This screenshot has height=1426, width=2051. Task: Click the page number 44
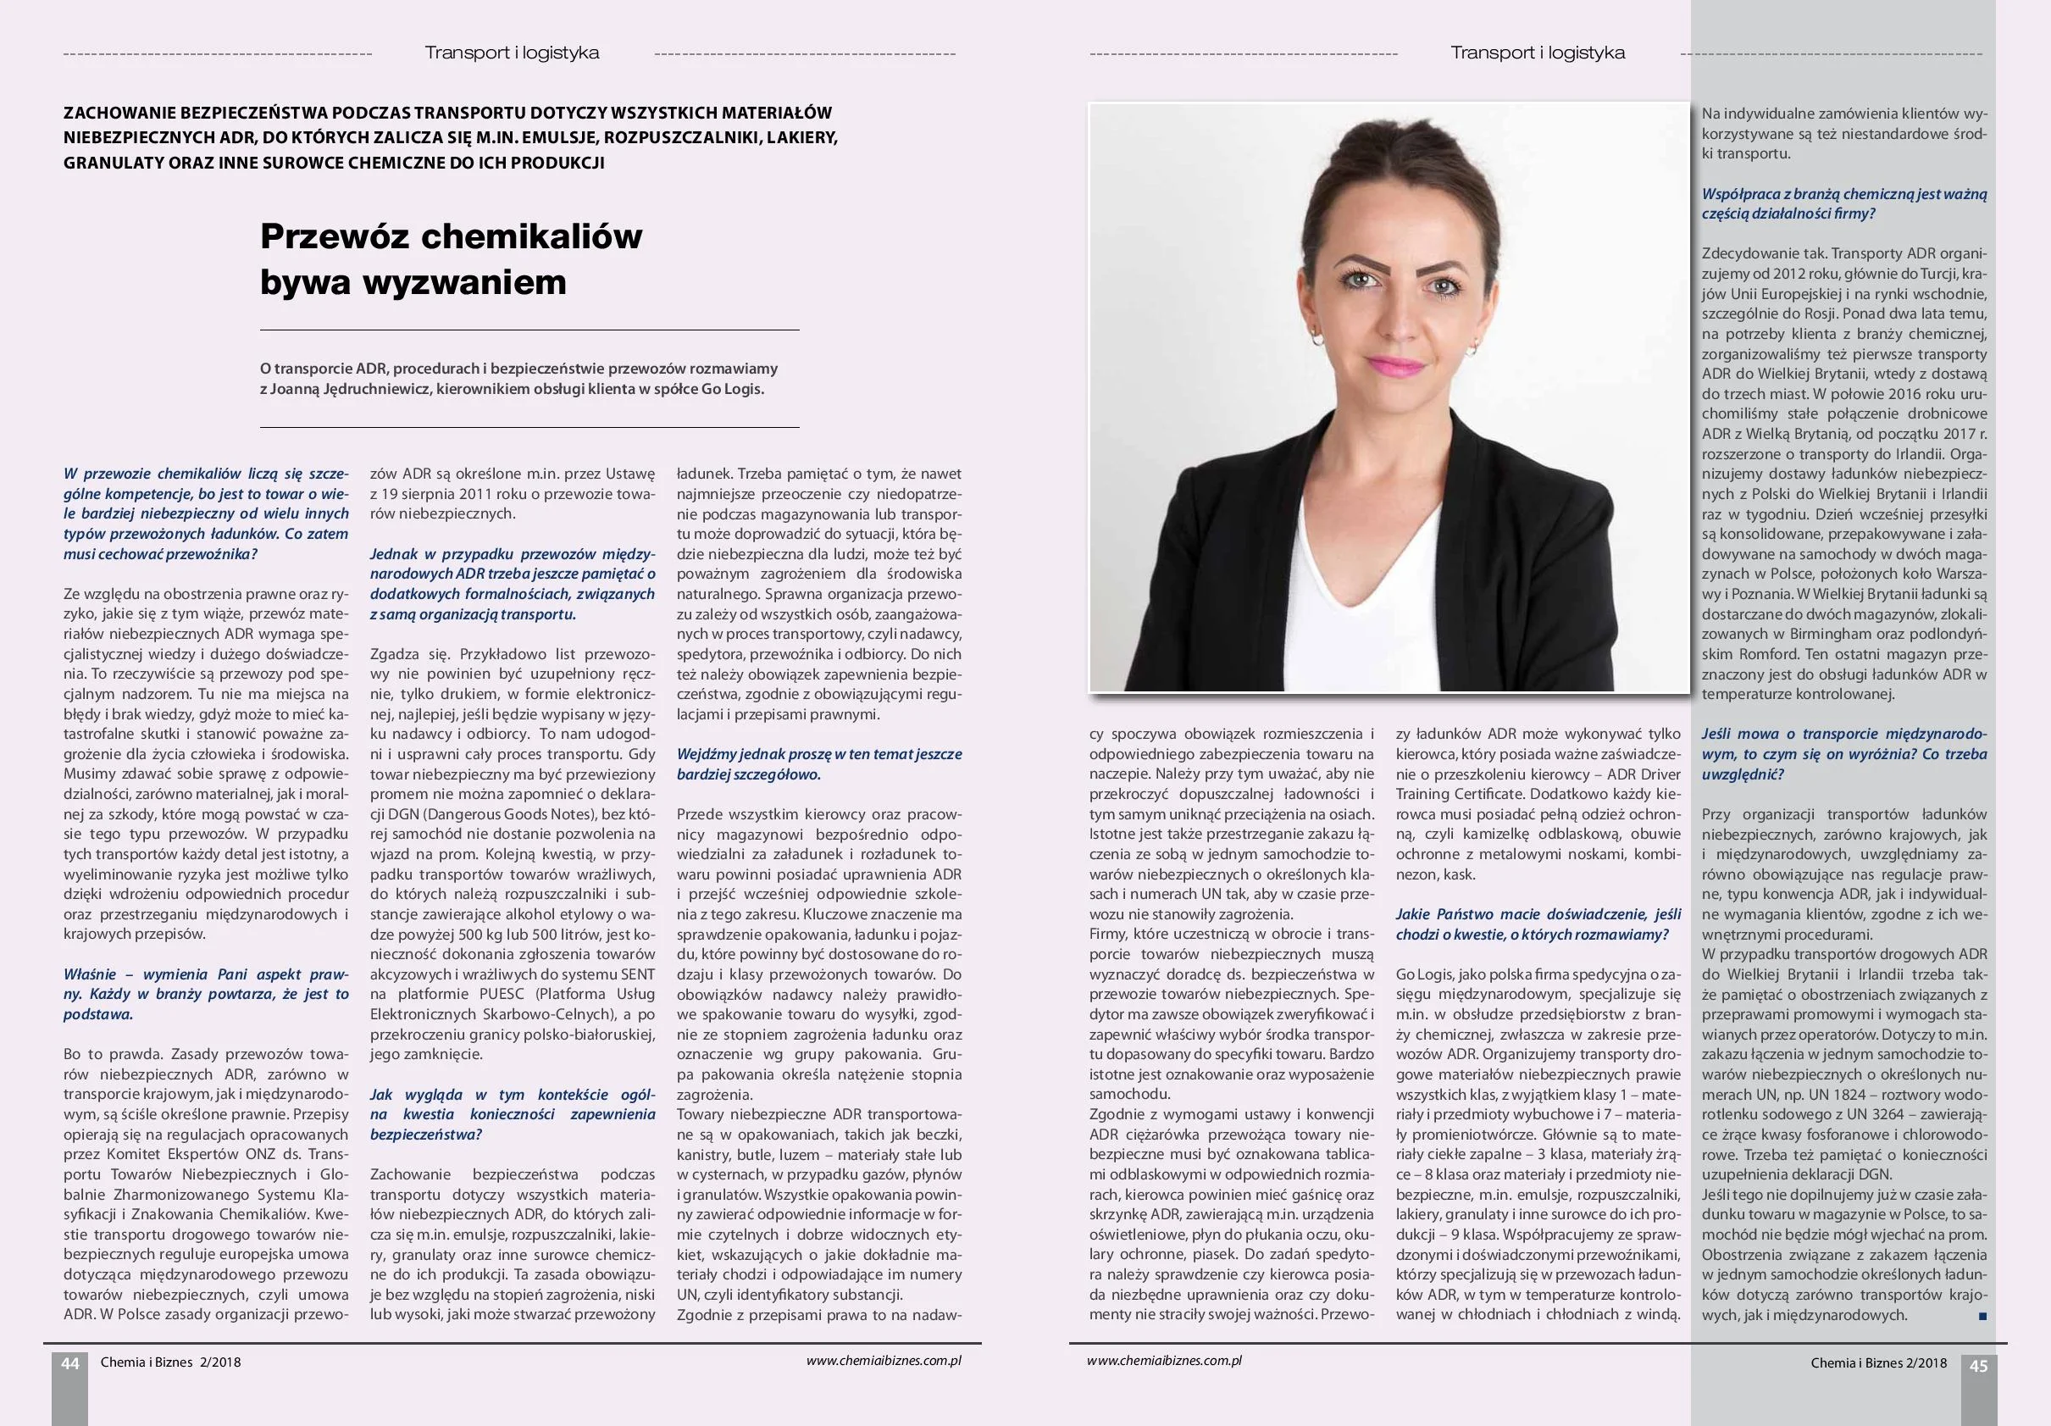click(69, 1362)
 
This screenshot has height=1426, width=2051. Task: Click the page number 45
click(1979, 1366)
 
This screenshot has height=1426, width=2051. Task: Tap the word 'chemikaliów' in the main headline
click(530, 236)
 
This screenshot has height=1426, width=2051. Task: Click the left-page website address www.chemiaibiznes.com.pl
click(883, 1361)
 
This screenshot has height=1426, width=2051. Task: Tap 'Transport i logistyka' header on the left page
click(512, 53)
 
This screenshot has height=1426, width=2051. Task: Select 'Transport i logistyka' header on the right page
click(1538, 53)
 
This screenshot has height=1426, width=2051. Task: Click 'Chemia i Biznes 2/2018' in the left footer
click(170, 1362)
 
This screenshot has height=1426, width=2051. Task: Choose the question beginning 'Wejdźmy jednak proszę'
click(819, 764)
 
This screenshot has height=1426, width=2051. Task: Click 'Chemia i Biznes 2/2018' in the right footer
click(1878, 1363)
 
